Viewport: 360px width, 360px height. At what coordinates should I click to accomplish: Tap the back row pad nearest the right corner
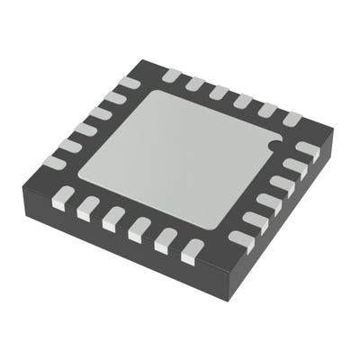tap(291, 117)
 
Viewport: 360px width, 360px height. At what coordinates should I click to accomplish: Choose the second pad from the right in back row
tap(266, 108)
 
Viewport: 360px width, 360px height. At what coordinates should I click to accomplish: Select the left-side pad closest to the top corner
tap(129, 83)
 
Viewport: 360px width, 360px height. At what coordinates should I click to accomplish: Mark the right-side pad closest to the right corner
tap(308, 149)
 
